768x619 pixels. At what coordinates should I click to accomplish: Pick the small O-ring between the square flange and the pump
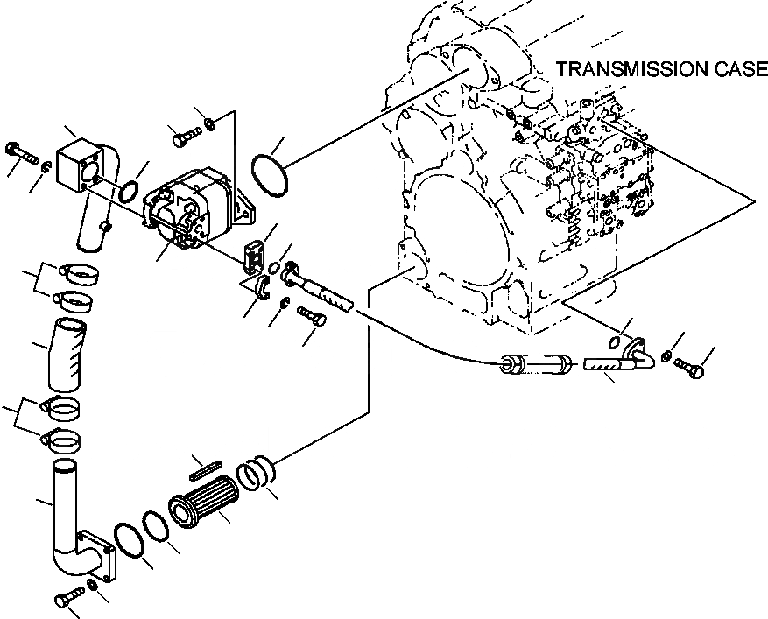click(x=129, y=189)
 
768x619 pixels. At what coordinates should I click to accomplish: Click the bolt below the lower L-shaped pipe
click(x=67, y=600)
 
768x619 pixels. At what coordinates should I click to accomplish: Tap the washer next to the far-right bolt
click(x=668, y=356)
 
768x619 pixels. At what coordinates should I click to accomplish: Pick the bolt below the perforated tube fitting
click(x=312, y=315)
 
